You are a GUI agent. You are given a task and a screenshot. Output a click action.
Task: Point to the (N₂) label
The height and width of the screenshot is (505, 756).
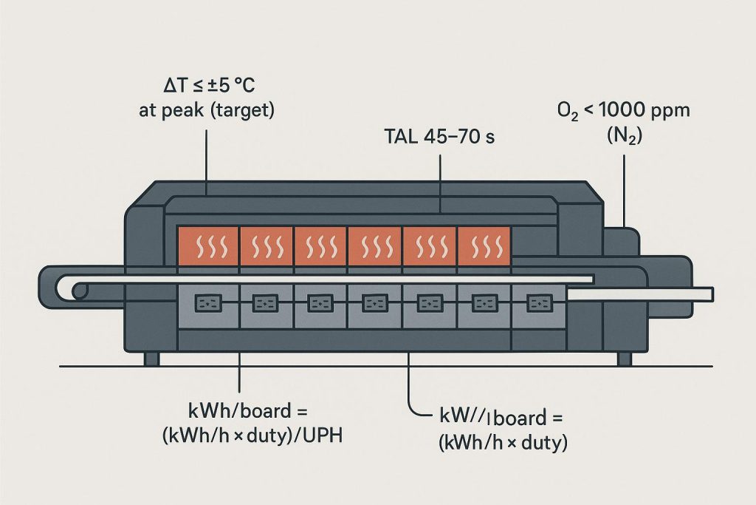click(624, 136)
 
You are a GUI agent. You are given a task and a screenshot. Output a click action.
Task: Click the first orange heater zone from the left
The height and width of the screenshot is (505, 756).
click(208, 245)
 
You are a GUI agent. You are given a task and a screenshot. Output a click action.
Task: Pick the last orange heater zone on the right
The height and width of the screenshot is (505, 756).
click(484, 245)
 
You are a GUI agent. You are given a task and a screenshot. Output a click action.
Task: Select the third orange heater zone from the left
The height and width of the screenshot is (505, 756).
click(320, 245)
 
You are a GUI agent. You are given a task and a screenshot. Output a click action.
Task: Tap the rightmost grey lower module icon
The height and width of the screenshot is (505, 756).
click(539, 303)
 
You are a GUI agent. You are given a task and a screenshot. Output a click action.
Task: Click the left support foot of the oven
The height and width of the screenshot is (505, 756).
click(151, 359)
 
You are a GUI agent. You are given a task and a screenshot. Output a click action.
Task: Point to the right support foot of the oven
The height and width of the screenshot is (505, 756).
click(624, 359)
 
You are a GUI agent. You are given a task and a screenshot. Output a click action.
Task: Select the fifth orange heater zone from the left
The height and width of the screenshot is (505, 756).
click(430, 245)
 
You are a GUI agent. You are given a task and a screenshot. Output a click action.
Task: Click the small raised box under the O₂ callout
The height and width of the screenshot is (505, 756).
click(620, 240)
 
